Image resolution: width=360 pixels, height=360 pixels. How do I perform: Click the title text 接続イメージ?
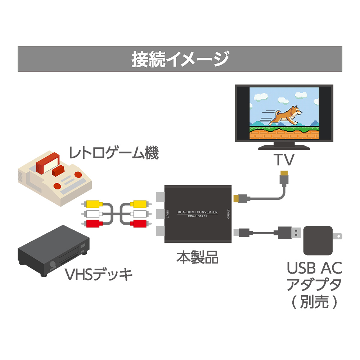coord(180,59)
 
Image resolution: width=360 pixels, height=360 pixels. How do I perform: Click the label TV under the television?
coord(284,159)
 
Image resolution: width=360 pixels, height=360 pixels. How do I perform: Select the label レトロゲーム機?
coord(114,154)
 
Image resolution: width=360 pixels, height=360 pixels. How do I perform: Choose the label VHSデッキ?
coord(98,275)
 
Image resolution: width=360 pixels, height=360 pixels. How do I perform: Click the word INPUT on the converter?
coord(168,215)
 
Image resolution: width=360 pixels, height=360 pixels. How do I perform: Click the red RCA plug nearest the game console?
coord(92,224)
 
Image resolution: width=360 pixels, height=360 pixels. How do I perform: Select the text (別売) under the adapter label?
coord(314,302)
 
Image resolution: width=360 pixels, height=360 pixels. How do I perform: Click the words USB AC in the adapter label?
coord(314,268)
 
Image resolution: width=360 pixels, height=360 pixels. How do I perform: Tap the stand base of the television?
coord(284,147)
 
